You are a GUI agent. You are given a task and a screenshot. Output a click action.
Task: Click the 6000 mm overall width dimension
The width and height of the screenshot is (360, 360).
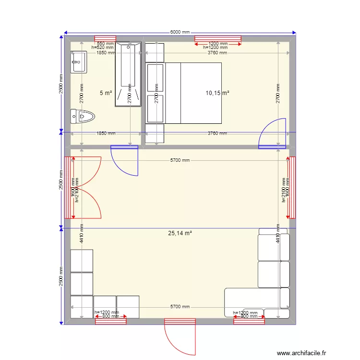click(x=180, y=32)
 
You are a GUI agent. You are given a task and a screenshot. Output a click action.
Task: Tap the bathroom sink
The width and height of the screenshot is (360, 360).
click(x=79, y=62)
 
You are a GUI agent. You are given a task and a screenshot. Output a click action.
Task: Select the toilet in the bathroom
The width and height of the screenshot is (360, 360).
click(x=83, y=116)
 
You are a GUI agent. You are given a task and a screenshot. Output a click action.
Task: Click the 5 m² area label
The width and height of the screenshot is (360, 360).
click(x=106, y=93)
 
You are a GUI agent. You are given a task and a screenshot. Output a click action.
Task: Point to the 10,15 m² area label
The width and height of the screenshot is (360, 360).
click(x=217, y=93)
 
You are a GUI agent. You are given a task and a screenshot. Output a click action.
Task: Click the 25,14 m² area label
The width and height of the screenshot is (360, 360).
click(x=180, y=233)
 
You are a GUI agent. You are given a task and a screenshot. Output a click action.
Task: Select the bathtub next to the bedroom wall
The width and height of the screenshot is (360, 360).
click(x=129, y=74)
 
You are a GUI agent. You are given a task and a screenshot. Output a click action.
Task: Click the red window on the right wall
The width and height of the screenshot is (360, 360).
click(x=292, y=186)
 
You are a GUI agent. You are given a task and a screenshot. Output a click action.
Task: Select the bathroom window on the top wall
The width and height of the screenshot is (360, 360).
click(x=105, y=39)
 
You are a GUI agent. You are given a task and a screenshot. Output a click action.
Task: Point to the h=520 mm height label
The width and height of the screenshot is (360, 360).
click(x=102, y=48)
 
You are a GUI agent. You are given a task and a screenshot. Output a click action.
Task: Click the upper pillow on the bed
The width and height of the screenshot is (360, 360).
click(x=156, y=78)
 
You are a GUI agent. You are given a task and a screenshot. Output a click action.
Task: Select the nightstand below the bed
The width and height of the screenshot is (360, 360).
click(x=155, y=133)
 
